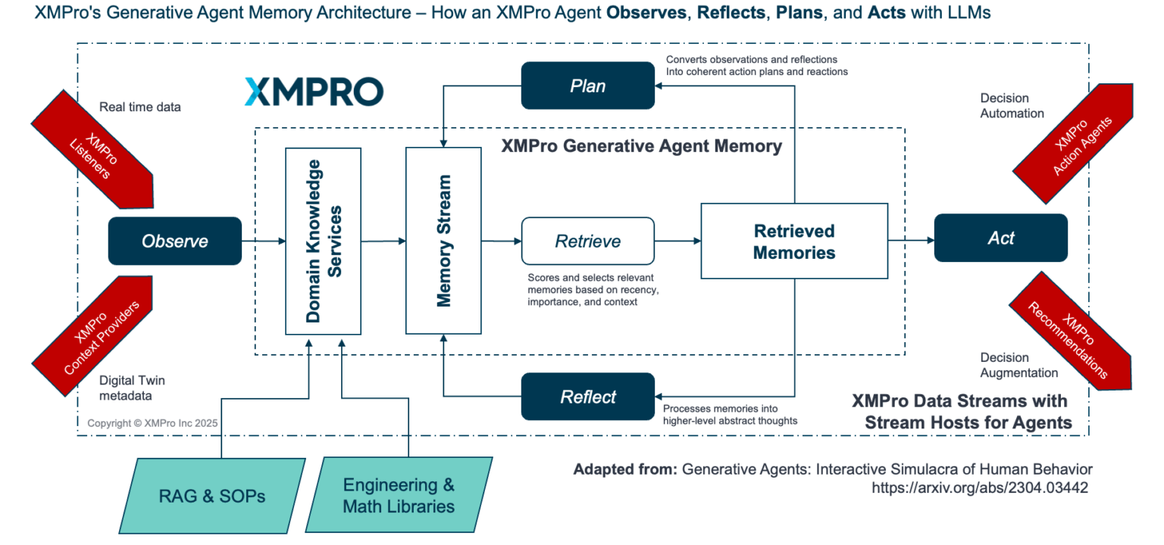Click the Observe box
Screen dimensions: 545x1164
(174, 241)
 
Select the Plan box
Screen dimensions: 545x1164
(587, 86)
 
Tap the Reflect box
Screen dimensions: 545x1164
(587, 396)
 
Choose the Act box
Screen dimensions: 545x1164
(1000, 238)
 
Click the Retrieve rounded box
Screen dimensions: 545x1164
(587, 241)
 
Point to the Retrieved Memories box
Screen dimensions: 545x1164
(793, 241)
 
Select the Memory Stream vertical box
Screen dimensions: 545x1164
(443, 241)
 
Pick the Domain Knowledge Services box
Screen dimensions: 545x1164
(323, 241)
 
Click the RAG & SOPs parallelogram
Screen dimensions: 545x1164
(212, 497)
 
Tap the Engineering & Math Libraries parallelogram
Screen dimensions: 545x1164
(399, 495)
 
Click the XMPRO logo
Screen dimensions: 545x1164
(314, 91)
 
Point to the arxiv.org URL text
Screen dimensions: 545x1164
(979, 488)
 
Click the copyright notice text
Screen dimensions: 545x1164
(152, 423)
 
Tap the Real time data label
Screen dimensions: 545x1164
(140, 107)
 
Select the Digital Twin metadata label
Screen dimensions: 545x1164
(132, 388)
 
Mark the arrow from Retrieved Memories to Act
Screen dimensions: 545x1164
(910, 241)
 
